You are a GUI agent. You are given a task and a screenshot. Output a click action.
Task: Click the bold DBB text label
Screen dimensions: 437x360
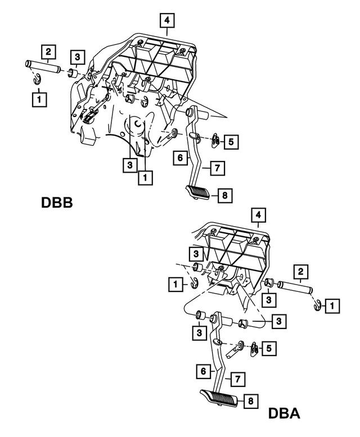pos(57,202)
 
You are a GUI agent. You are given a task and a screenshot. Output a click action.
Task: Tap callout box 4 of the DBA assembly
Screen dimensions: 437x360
pos(258,215)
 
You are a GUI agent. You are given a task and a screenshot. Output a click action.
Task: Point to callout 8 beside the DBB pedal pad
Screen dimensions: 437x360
pos(224,195)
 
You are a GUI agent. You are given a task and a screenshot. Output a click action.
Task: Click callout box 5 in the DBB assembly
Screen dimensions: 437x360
pos(231,142)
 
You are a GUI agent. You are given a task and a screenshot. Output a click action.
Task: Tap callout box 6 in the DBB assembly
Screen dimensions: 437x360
pos(179,159)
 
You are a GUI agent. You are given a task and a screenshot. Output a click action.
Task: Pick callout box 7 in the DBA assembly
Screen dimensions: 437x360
pos(237,379)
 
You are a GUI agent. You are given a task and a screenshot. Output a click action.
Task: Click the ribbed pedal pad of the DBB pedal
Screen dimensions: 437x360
pos(197,193)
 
